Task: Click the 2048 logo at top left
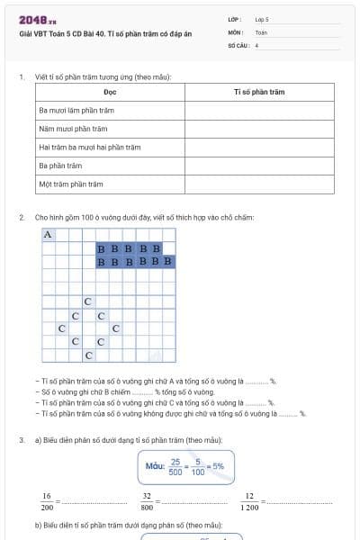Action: click(33, 20)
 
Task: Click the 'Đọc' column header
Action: click(111, 93)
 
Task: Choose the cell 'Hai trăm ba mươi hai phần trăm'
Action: click(90, 148)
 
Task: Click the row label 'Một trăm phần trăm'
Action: click(71, 184)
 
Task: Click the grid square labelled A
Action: click(48, 235)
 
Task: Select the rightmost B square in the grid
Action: click(168, 262)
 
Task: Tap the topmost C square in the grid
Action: click(87, 301)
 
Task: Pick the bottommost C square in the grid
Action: click(87, 355)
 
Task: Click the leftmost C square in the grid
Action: click(61, 328)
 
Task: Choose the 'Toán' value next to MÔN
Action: click(261, 31)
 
